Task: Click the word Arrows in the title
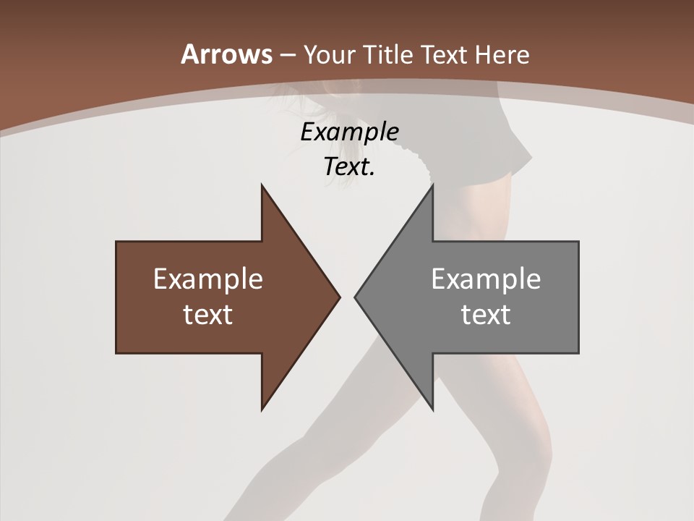pos(226,54)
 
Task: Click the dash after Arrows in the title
pos(287,55)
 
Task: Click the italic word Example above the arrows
pos(349,132)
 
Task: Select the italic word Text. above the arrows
pos(349,166)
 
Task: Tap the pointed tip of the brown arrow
pos(339,296)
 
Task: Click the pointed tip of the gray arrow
pos(355,296)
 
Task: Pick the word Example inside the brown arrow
pos(207,279)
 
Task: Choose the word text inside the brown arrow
pos(207,314)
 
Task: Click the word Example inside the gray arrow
pos(486,279)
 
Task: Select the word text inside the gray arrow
pos(486,314)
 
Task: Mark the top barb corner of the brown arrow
pos(262,185)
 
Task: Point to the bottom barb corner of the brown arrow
pos(262,410)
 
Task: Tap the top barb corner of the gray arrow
pos(432,185)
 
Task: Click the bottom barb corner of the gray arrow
pos(432,410)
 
